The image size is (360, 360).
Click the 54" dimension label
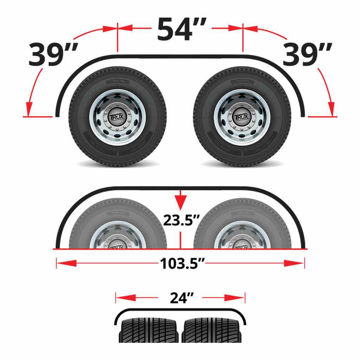(180, 29)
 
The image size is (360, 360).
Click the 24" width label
(181, 297)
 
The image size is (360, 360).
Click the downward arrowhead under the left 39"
(29, 108)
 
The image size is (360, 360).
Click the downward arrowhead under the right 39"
(332, 108)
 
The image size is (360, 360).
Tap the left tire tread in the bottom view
(148, 331)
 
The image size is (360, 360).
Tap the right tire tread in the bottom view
(211, 331)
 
